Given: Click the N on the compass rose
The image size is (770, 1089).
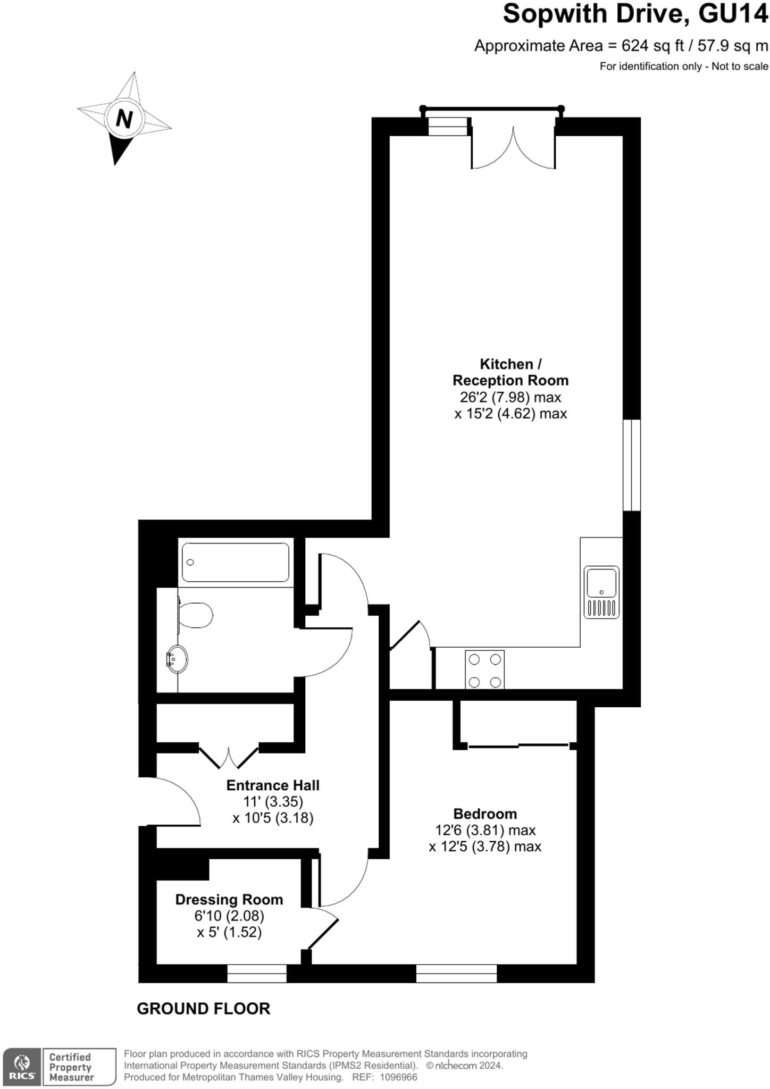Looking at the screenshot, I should click(124, 119).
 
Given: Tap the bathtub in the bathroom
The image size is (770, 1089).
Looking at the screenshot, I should click(236, 562).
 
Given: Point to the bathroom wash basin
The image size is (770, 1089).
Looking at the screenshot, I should click(177, 659).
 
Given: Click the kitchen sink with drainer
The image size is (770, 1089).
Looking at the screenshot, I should click(601, 592).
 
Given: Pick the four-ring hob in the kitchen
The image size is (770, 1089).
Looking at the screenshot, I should click(484, 669).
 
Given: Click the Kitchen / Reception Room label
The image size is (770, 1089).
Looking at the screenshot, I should click(510, 372).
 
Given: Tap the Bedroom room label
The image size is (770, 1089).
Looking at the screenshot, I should click(485, 814).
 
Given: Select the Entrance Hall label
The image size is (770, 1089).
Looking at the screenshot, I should click(273, 785).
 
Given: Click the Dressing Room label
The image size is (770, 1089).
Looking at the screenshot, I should click(229, 900).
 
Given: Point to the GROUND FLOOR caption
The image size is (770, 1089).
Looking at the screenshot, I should click(204, 1009).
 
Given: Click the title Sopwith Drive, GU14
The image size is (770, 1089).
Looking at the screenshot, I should click(635, 14).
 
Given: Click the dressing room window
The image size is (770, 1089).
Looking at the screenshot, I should click(257, 974).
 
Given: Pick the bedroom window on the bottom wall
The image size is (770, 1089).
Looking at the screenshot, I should click(456, 974).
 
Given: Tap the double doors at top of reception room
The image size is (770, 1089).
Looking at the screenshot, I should click(514, 146).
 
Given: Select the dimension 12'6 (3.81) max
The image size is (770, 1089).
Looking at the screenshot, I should click(485, 830).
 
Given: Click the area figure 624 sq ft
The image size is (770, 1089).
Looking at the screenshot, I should click(653, 46).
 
